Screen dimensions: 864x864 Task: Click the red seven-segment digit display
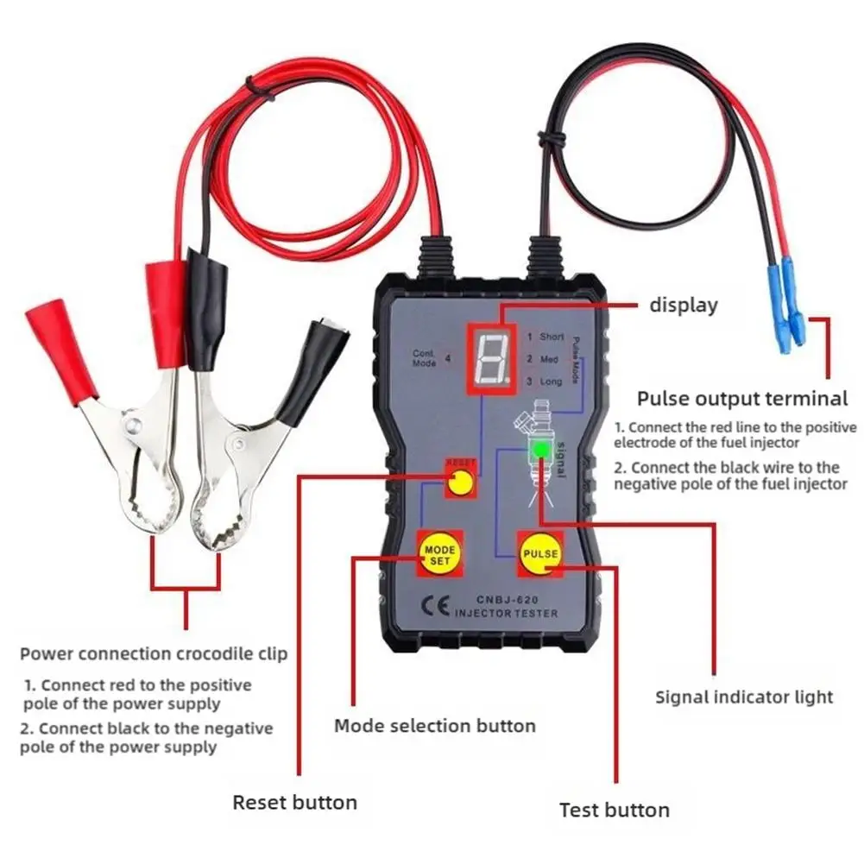point(490,356)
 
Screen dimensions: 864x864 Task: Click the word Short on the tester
point(552,337)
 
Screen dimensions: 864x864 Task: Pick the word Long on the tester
point(551,381)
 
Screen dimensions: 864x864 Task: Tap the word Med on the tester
point(549,358)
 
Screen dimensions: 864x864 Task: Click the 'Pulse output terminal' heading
point(742,399)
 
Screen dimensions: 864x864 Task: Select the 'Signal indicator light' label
point(744,697)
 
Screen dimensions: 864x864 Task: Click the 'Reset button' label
point(294,803)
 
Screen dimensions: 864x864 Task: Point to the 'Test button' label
point(614,810)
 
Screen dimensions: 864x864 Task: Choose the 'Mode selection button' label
point(434,725)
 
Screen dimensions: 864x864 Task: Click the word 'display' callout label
point(683,306)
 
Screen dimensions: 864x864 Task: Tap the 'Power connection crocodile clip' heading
point(154,653)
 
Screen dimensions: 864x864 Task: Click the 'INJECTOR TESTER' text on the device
point(506,614)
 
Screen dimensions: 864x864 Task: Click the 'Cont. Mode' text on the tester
point(424,358)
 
